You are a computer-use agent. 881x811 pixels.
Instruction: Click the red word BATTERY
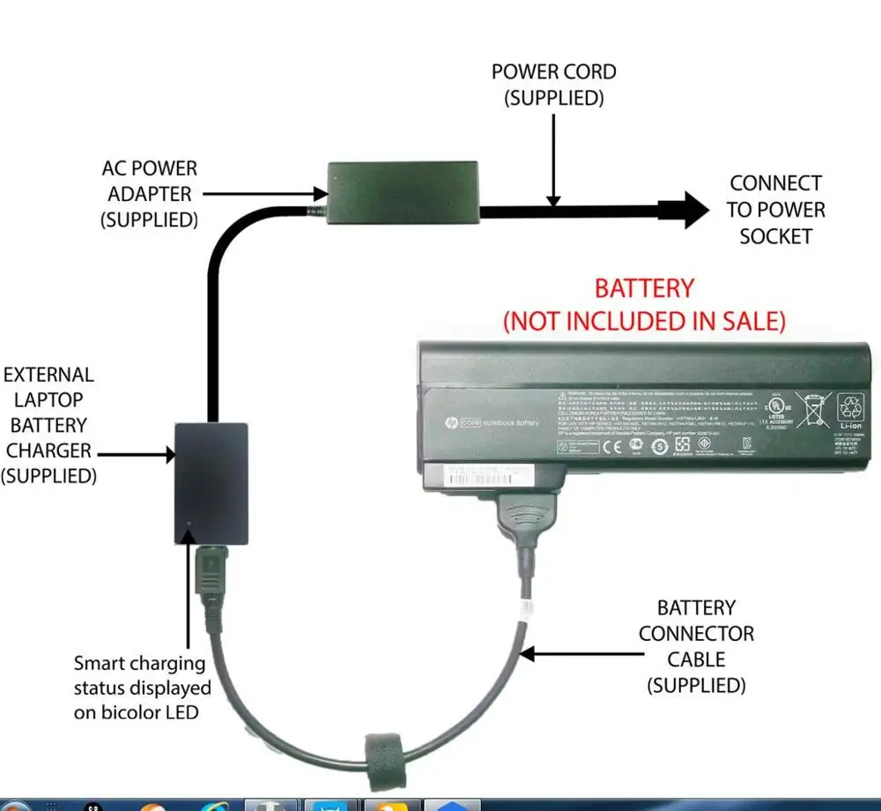644,288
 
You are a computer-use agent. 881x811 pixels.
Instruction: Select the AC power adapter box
403,191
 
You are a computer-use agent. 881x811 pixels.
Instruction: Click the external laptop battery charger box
211,483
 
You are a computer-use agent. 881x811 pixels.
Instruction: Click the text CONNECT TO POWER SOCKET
775,210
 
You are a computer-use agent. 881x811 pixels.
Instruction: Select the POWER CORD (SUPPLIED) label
553,85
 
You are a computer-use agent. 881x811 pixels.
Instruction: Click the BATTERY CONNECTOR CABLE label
696,646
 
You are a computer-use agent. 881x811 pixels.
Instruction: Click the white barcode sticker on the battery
480,475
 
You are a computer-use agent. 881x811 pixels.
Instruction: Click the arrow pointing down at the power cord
552,159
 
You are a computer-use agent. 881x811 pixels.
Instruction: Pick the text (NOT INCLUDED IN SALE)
644,321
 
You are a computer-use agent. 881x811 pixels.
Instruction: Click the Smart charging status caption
142,688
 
